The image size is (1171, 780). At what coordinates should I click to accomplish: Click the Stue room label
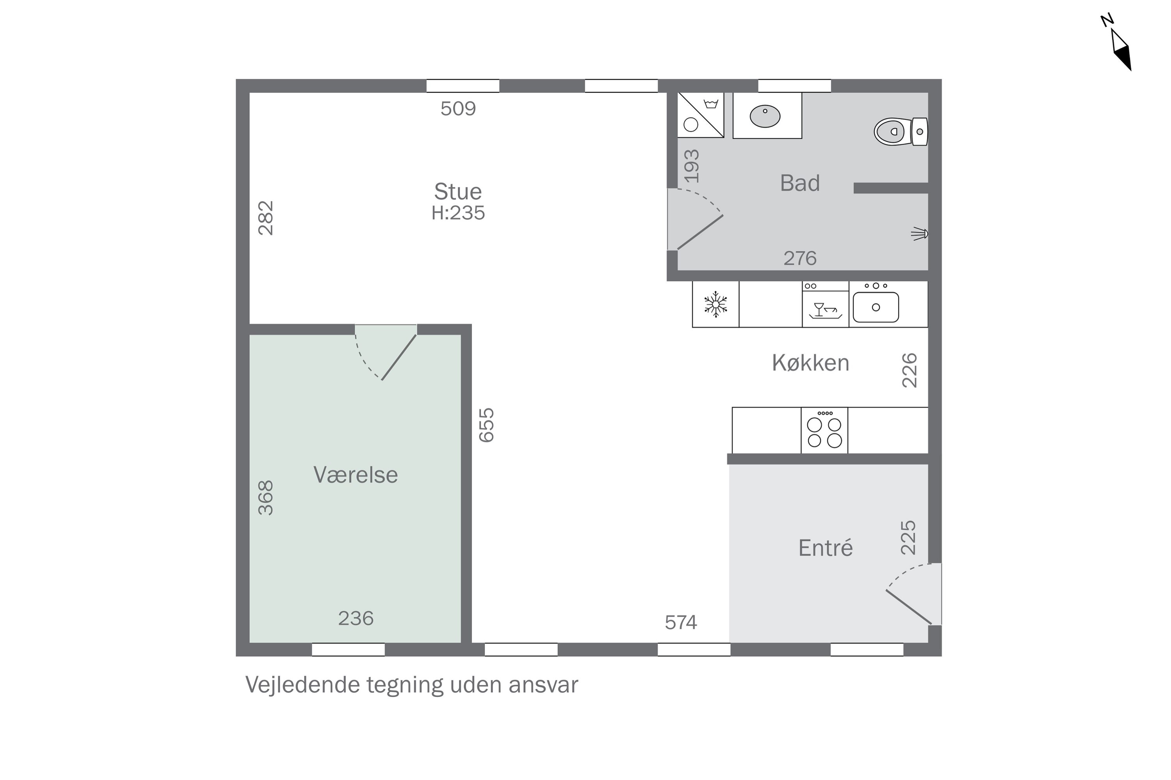(458, 191)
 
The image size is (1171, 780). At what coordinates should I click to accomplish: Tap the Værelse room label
(356, 475)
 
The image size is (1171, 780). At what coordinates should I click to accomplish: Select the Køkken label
(811, 363)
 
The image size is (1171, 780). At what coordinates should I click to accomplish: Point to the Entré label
(826, 548)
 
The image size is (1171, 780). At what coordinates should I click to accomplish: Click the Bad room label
(799, 183)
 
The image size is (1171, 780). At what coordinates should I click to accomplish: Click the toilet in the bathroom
(900, 132)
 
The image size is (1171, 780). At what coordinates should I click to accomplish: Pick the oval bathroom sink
(765, 116)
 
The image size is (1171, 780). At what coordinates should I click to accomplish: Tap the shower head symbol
(920, 233)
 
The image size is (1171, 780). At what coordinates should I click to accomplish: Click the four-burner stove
(824, 430)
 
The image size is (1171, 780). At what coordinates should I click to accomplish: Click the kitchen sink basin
(876, 307)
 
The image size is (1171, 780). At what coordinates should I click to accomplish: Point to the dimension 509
(458, 108)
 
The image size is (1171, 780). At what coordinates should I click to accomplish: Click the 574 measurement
(681, 622)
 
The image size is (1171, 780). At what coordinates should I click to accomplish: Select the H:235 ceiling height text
(458, 213)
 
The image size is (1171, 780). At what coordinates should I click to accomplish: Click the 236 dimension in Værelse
(356, 618)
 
